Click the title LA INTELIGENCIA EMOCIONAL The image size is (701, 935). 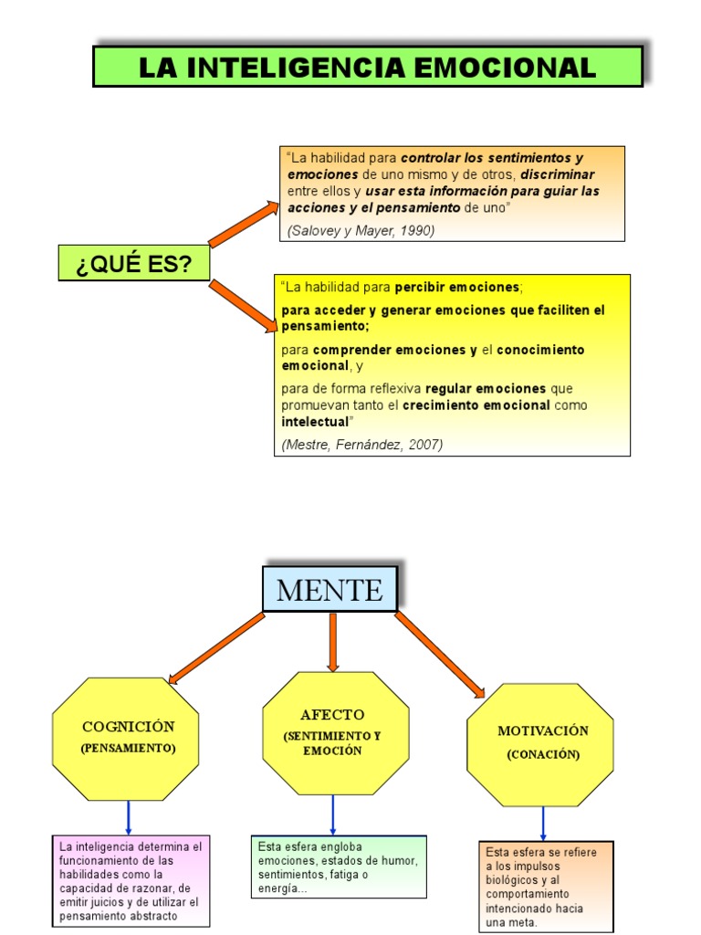368,67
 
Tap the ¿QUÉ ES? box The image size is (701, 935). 133,263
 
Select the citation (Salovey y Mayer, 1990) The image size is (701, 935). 361,230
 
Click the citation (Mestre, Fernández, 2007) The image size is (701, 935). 362,445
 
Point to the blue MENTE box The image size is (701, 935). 330,590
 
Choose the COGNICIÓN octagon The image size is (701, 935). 127,738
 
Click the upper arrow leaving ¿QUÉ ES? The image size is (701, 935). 245,224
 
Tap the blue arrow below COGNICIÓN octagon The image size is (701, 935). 129,816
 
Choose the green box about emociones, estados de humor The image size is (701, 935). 339,866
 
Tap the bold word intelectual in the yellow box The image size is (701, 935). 315,422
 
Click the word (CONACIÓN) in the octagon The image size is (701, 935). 543,755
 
